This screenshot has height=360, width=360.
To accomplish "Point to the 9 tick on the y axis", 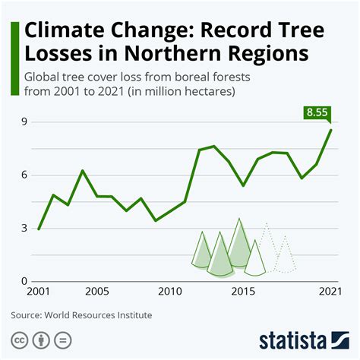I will click(x=24, y=122).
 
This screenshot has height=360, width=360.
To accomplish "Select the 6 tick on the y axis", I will click(x=24, y=175).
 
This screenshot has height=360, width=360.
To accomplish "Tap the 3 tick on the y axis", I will click(x=24, y=229).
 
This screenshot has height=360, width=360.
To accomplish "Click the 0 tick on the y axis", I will click(x=24, y=282).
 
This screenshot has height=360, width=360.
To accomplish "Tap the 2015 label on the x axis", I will click(x=242, y=292).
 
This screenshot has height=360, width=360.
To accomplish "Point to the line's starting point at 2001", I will click(x=39, y=229).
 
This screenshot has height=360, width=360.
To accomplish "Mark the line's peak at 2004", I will click(x=83, y=171).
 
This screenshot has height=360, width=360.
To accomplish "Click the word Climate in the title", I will click(x=62, y=32).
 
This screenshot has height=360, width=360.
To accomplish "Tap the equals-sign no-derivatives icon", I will click(x=65, y=339).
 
